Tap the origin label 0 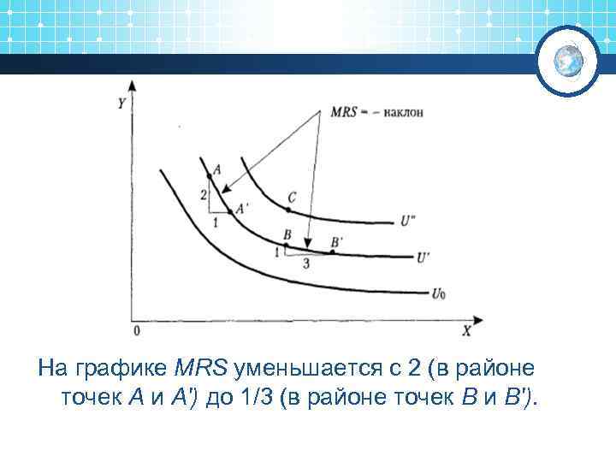click(136, 330)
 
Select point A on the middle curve click(209, 175)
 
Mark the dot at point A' click(231, 211)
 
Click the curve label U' click(423, 256)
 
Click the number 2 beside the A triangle click(203, 195)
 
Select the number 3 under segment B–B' click(305, 264)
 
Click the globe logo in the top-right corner click(568, 61)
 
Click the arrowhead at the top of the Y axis click(131, 86)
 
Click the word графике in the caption click(127, 369)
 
